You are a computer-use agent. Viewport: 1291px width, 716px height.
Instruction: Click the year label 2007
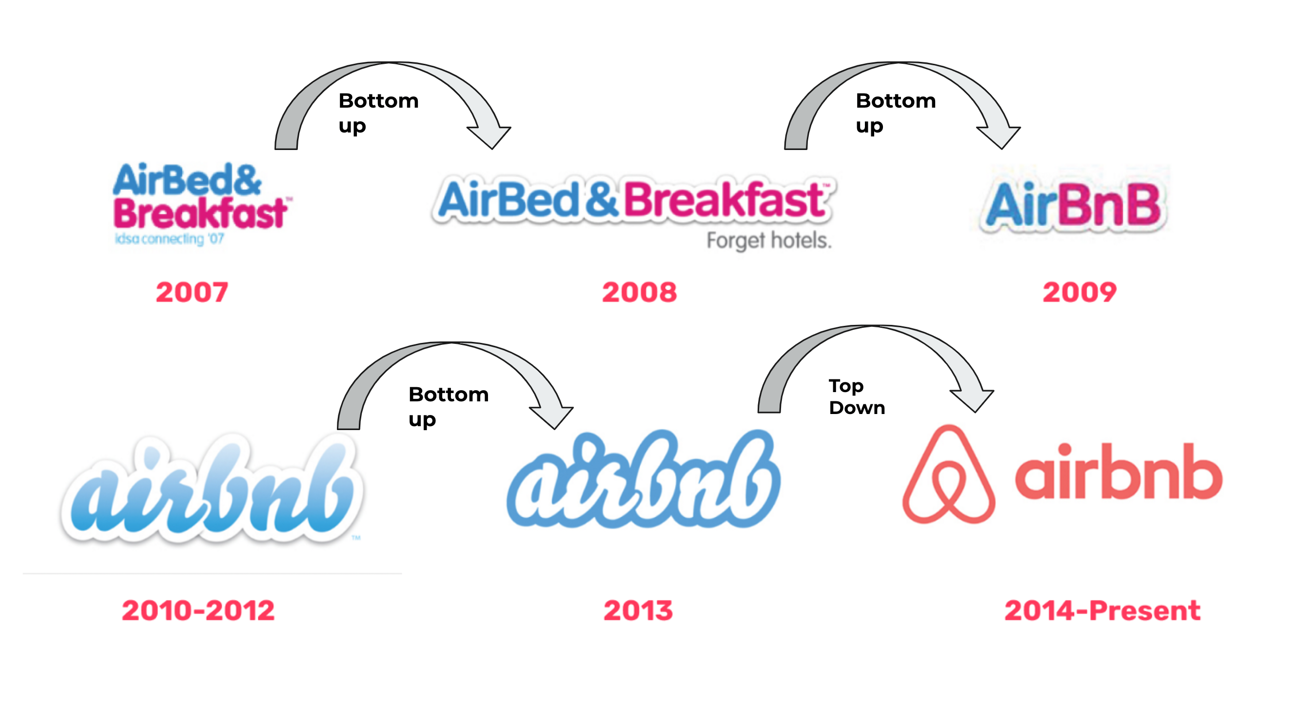click(x=192, y=292)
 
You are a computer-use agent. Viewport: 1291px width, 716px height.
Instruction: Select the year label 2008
click(x=640, y=292)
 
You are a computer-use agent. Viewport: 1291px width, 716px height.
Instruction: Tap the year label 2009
click(x=1080, y=292)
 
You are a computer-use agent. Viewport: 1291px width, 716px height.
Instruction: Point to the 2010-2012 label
click(x=198, y=610)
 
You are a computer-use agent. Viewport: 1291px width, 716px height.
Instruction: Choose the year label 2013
click(x=638, y=610)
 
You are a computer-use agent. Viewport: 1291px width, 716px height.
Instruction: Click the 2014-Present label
click(x=1102, y=610)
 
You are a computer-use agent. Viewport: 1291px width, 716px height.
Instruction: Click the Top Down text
click(x=857, y=396)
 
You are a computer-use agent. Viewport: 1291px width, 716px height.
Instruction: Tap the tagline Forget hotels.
click(x=769, y=241)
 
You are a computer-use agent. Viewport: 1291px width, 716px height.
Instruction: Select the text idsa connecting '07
click(x=169, y=239)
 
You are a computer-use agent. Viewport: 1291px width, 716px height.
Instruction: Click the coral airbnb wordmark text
click(x=1118, y=471)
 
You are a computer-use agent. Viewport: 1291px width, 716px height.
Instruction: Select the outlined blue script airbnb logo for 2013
click(x=644, y=479)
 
